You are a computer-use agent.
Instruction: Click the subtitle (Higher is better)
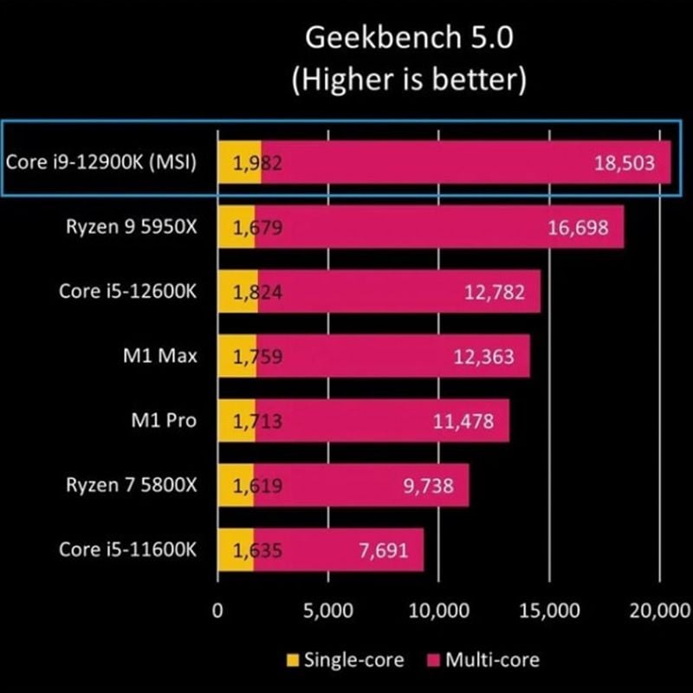tap(409, 81)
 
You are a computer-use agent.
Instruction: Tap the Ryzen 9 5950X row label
tap(132, 227)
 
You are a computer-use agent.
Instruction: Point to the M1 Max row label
tap(160, 356)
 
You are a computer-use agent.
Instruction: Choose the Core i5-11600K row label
tap(128, 549)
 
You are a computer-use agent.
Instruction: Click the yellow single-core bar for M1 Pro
tap(236, 421)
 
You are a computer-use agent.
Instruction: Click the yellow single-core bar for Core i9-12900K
tap(239, 163)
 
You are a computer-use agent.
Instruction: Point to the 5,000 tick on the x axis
tap(327, 610)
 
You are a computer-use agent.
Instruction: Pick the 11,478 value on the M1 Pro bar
tap(463, 421)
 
